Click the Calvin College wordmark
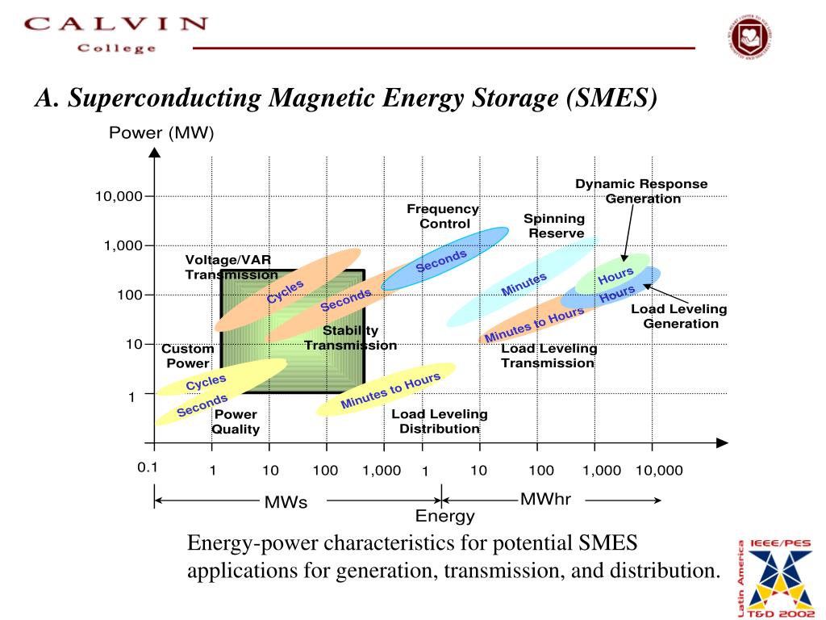(x=115, y=34)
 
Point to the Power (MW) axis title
(x=161, y=132)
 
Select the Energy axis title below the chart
(x=444, y=517)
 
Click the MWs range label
(x=286, y=502)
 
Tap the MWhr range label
(x=545, y=499)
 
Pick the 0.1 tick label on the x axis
(x=147, y=467)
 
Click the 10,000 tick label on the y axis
(x=119, y=196)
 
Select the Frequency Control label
(x=443, y=216)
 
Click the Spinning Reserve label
(x=555, y=226)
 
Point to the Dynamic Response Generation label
(x=642, y=191)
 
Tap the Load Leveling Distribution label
(x=440, y=421)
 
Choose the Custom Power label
(x=187, y=356)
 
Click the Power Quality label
(x=236, y=422)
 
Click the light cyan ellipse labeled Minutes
(x=523, y=283)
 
